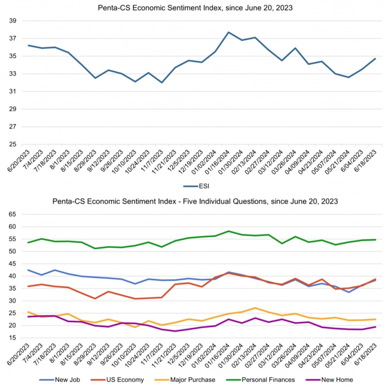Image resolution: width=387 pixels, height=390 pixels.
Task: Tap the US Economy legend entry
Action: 122,379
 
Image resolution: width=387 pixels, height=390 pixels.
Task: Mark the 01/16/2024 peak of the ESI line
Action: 228,32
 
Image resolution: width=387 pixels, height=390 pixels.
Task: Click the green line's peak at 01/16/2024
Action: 228,231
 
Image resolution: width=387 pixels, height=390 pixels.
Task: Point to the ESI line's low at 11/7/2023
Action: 162,83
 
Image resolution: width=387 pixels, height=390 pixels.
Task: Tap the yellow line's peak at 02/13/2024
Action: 255,308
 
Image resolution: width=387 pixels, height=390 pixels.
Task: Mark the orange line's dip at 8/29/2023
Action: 95,299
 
